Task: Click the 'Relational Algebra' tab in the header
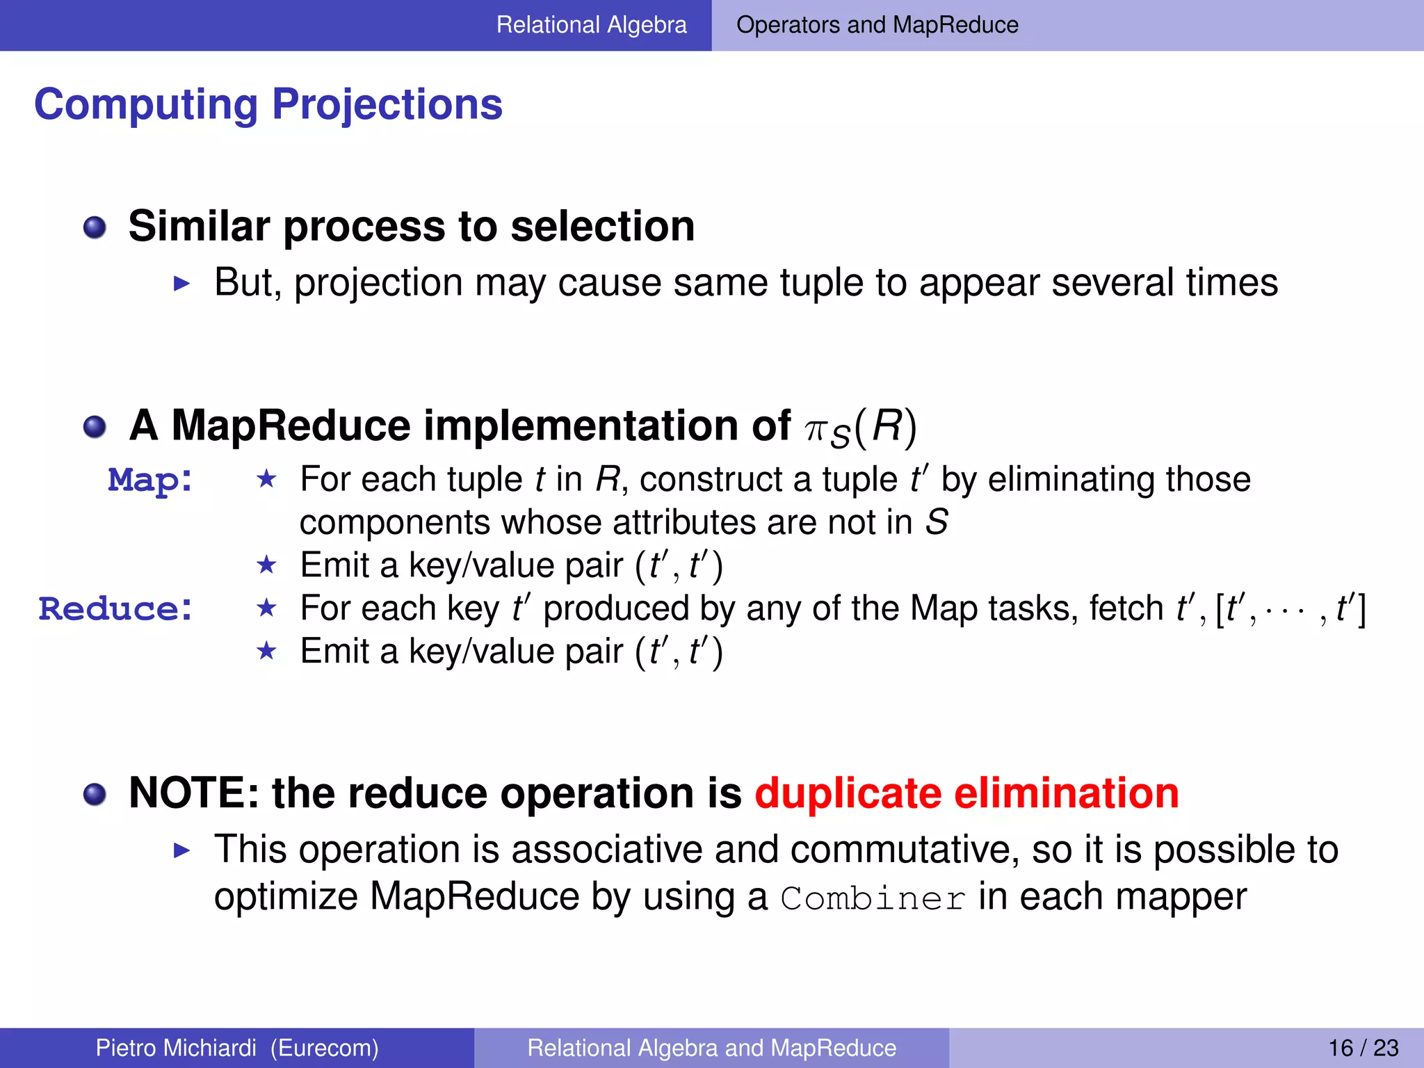(x=591, y=25)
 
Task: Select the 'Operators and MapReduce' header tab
(x=877, y=25)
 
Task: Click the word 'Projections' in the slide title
(x=387, y=105)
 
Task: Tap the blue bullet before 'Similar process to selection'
(x=95, y=227)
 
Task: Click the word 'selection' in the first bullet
(x=602, y=227)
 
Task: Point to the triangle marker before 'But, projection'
(x=181, y=283)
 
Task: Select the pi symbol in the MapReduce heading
(x=814, y=430)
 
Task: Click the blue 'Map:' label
(x=150, y=480)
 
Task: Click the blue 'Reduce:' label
(x=115, y=609)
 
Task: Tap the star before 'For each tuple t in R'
(x=266, y=479)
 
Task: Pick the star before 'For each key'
(x=266, y=608)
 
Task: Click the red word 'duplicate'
(x=848, y=793)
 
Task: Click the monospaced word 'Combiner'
(x=873, y=898)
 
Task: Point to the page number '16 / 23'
(x=1363, y=1048)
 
